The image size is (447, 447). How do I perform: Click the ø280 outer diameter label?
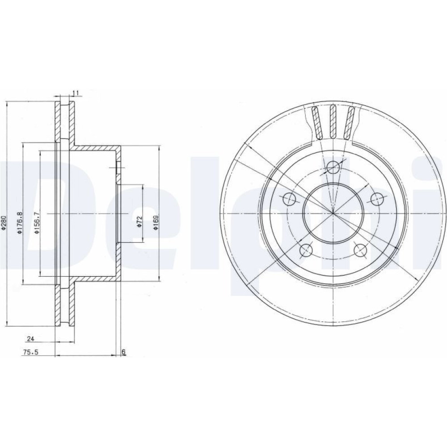(4, 223)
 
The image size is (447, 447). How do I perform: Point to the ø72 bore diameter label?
(139, 222)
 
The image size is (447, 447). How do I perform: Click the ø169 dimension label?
(156, 222)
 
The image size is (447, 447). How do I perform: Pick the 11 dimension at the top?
(76, 93)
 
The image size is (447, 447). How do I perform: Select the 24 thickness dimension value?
(30, 339)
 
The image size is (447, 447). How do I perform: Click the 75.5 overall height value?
(30, 352)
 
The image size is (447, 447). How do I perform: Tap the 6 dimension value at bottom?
(123, 352)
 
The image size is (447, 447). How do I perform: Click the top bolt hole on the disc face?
(333, 167)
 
